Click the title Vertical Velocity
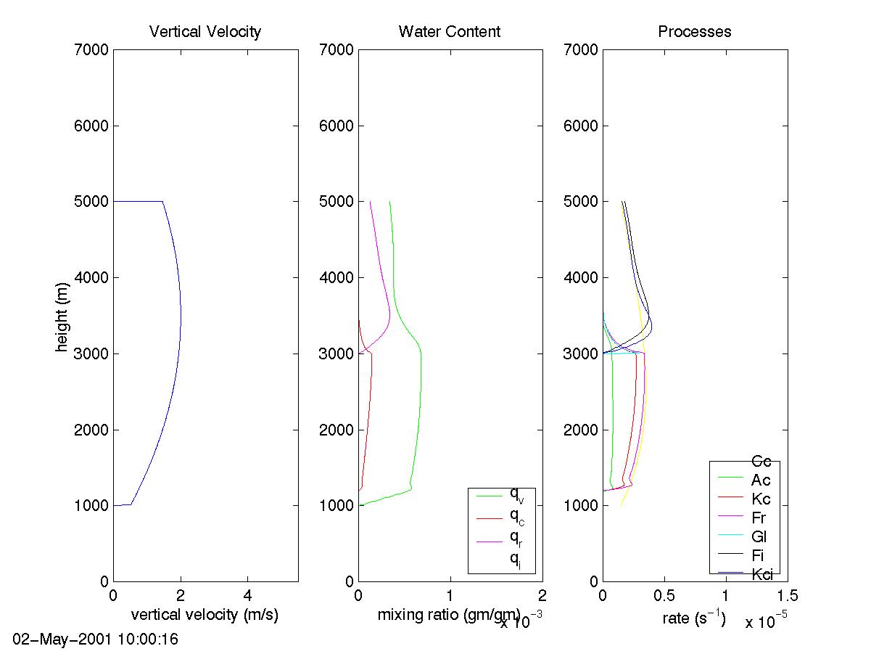pyautogui.click(x=205, y=31)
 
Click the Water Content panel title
pyautogui.click(x=450, y=31)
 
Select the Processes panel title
pyautogui.click(x=694, y=31)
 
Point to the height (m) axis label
pyautogui.click(x=62, y=315)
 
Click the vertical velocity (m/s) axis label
pyautogui.click(x=205, y=616)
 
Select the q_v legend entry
pyautogui.click(x=517, y=496)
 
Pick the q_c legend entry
pyautogui.click(x=517, y=517)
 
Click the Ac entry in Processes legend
pyautogui.click(x=761, y=480)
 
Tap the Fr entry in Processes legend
pyautogui.click(x=759, y=518)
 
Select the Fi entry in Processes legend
pyautogui.click(x=757, y=556)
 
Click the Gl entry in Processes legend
pyautogui.click(x=759, y=537)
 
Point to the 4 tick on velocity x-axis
pyautogui.click(x=247, y=597)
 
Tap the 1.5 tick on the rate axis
pyautogui.click(x=788, y=597)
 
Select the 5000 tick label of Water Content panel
pyautogui.click(x=335, y=202)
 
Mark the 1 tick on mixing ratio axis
pyautogui.click(x=450, y=597)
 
